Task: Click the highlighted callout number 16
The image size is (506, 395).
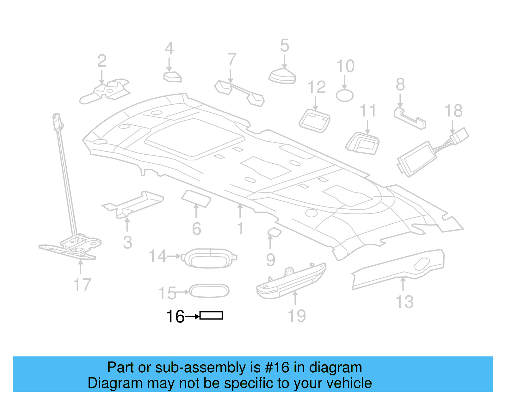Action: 175,317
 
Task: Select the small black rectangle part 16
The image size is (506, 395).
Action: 211,316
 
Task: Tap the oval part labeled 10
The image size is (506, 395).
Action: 344,96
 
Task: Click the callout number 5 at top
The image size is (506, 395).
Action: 285,46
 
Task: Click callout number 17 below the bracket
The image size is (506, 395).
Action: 82,285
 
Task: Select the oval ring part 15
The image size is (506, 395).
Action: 209,291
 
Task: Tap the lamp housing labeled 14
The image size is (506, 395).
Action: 209,258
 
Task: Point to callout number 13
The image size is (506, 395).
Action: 404,302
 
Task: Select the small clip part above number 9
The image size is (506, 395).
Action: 274,232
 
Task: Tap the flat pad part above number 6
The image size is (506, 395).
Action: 196,198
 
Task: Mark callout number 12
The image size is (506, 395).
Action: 317,87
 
